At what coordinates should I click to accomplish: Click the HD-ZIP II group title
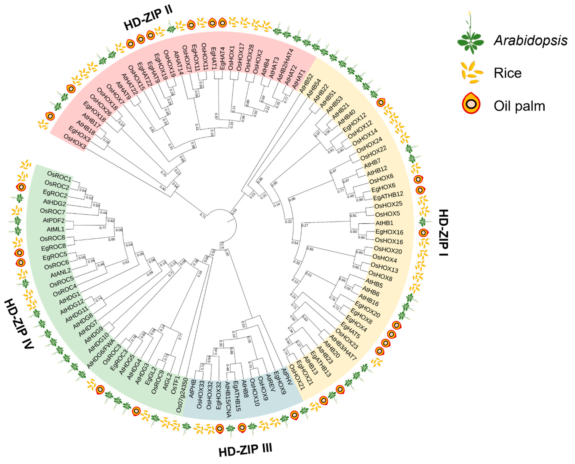tap(148, 18)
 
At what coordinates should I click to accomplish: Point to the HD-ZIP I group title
tap(444, 232)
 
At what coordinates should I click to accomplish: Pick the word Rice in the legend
tap(507, 73)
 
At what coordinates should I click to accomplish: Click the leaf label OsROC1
tap(59, 176)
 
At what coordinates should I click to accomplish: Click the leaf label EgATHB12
tap(388, 196)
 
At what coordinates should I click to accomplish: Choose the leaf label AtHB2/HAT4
tap(285, 66)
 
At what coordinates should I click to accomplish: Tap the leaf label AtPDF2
tap(54, 221)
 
